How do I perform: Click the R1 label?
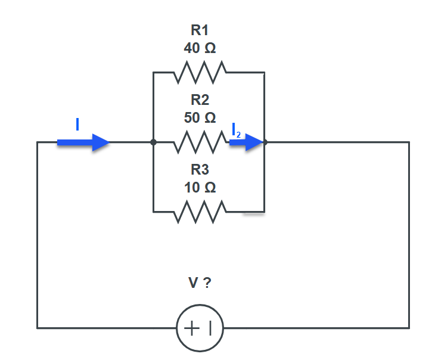(200, 31)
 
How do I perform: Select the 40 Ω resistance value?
(200, 49)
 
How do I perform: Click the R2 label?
(200, 100)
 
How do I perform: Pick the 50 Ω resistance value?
(200, 117)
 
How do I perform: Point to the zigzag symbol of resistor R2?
(200, 142)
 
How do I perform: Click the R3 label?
(200, 170)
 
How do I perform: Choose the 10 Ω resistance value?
(200, 188)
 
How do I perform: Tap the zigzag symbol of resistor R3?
(200, 212)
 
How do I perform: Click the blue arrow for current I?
(83, 142)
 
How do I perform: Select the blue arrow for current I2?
(246, 142)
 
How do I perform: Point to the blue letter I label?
(77, 124)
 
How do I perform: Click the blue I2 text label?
(236, 131)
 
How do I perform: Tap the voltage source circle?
(200, 328)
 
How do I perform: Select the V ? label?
(200, 283)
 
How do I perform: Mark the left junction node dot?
(153, 142)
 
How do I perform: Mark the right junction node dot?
(265, 142)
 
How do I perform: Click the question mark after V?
(207, 283)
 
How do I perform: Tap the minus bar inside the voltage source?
(210, 328)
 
